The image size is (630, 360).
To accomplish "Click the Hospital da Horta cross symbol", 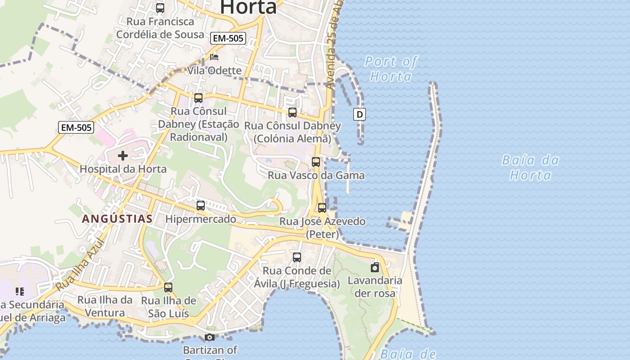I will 122,156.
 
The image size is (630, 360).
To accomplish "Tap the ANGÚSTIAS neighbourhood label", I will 117,219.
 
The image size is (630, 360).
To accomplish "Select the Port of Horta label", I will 391,68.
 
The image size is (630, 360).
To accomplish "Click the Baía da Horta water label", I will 530,167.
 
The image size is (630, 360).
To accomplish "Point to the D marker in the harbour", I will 360,114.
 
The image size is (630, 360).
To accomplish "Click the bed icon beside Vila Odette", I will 214,57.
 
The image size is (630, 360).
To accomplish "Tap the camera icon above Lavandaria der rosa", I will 375,268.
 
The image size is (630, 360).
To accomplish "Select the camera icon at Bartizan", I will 209,337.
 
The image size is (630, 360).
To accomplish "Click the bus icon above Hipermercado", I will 201,206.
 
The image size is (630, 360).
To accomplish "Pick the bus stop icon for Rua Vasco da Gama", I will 316,162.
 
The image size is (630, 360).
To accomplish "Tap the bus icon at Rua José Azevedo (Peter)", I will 322,208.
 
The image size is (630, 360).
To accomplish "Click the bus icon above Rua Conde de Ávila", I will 297,257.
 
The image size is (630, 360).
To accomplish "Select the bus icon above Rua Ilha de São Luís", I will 168,287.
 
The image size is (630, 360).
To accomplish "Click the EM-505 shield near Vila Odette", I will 228,38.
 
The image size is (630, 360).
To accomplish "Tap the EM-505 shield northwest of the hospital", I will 76,127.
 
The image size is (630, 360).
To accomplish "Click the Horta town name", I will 248,7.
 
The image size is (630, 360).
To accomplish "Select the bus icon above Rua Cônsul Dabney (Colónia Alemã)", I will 292,112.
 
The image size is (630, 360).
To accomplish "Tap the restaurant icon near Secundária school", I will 19,292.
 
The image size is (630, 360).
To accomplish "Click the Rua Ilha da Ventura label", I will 105,306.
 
